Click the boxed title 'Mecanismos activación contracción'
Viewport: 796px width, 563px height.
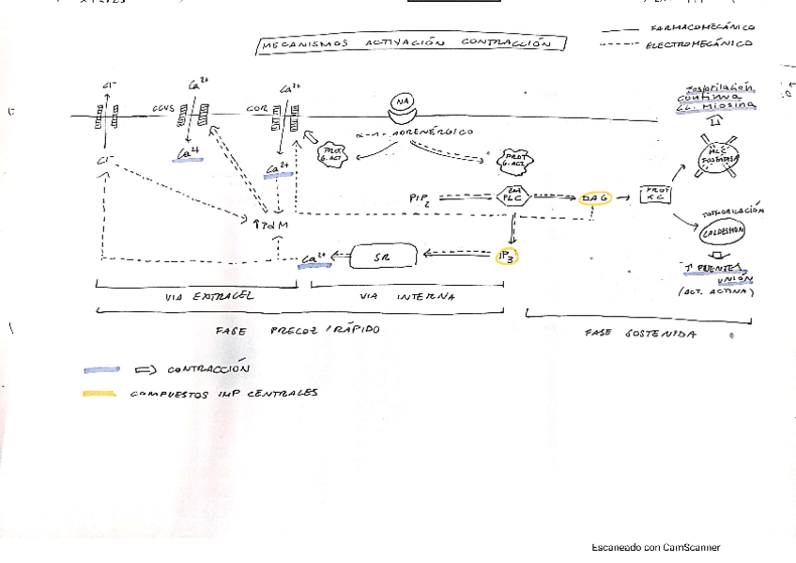click(x=411, y=44)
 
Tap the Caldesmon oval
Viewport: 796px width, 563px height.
click(x=722, y=230)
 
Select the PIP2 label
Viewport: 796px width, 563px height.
click(x=420, y=198)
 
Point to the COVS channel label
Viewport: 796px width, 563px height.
click(x=163, y=109)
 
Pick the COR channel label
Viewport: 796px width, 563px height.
click(x=256, y=109)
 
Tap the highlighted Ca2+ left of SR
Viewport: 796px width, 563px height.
click(x=314, y=258)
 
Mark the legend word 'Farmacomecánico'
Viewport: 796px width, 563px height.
click(x=702, y=27)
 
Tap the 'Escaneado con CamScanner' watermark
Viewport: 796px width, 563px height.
click(x=656, y=548)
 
